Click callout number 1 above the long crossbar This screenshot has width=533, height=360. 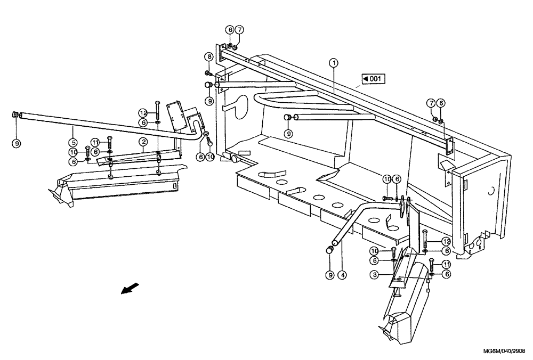tap(334, 63)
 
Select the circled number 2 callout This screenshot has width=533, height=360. tap(143, 142)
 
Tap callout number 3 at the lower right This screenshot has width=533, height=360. tap(376, 274)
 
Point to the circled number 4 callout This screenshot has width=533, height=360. tap(342, 275)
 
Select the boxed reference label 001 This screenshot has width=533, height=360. tap(374, 79)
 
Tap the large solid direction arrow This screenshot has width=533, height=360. tap(130, 289)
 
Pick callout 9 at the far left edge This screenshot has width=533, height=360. tap(17, 142)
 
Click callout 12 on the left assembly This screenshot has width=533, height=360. tap(143, 113)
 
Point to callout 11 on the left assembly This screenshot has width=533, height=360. tap(95, 142)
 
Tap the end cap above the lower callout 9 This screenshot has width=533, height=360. tap(330, 249)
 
